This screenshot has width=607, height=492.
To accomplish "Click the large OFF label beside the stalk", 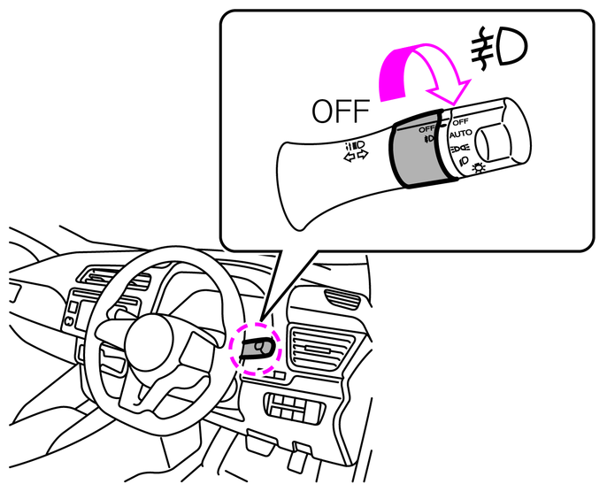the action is (341, 111).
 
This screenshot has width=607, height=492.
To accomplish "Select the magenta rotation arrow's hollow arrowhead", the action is (449, 92).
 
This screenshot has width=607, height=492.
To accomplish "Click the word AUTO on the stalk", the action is (461, 135).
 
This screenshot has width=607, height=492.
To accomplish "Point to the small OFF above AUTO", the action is (460, 122).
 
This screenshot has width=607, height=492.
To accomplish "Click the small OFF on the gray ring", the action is (427, 129).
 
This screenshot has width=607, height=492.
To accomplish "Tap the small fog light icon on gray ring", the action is (429, 139).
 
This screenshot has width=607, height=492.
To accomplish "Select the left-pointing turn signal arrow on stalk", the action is (350, 158).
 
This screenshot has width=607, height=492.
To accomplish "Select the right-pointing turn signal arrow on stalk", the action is (363, 155).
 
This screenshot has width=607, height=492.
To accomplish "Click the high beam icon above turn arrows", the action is (356, 146).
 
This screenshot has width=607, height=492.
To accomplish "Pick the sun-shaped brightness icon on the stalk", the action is (479, 167).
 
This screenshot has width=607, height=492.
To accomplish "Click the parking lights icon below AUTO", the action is (460, 148).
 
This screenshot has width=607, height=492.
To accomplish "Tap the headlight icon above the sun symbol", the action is (464, 160).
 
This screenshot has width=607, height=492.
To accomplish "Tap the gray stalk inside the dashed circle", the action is (257, 348).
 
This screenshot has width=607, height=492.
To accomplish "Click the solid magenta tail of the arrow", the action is (394, 73).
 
